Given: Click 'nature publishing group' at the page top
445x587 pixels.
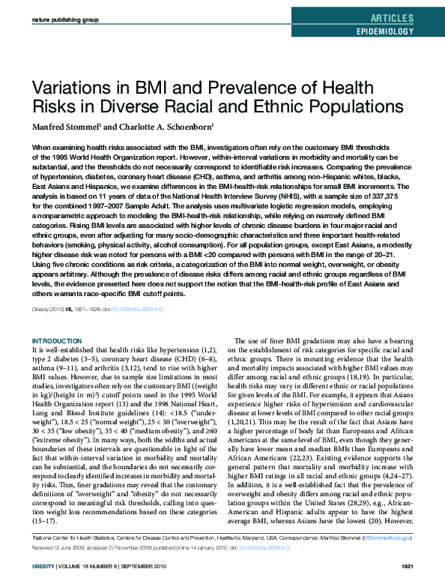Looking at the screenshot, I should coord(66,18).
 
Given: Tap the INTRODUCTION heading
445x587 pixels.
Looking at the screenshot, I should coord(58,340).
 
